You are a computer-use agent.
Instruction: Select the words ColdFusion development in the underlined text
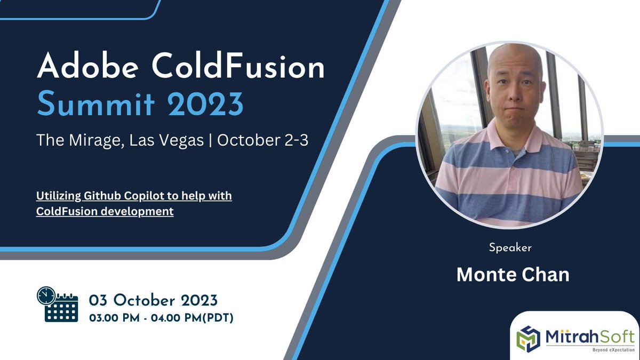(105, 211)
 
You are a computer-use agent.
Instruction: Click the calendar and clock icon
(57, 304)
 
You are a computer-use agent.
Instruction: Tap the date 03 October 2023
(153, 298)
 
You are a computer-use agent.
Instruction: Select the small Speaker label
(510, 247)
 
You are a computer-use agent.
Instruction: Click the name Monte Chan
(513, 274)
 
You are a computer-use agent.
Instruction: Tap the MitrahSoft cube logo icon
(530, 338)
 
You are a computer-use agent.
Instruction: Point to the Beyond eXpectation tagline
(609, 349)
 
